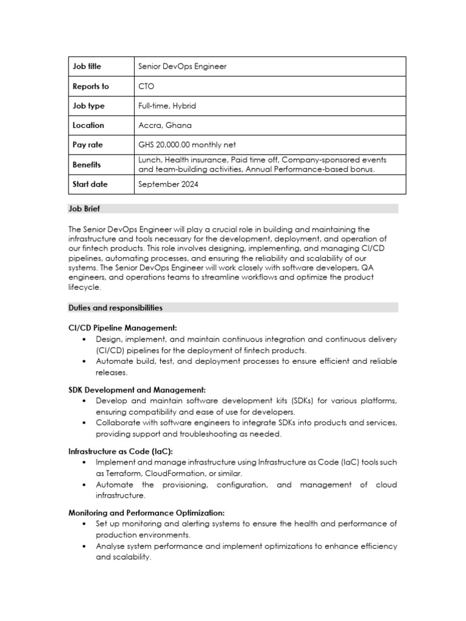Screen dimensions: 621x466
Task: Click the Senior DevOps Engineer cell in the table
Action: coord(183,67)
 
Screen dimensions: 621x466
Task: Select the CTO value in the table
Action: coord(146,86)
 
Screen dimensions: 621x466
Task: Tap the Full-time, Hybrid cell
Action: coord(167,106)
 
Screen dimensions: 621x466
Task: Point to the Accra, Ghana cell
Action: coord(165,125)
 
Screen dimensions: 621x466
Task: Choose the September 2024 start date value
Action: coord(168,184)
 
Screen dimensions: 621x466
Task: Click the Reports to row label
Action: coord(91,86)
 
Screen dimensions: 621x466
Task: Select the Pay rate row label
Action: coord(88,145)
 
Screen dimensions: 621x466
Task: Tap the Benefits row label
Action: coord(87,164)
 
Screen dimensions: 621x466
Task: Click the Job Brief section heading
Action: coord(84,209)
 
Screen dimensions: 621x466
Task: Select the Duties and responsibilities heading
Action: coord(115,307)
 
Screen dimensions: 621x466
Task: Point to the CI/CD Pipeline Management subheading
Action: coord(123,327)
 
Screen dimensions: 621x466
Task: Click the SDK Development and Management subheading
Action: coord(137,389)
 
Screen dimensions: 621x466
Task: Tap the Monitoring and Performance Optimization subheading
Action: coord(146,512)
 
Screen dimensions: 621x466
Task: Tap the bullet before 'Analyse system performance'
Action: coord(83,546)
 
